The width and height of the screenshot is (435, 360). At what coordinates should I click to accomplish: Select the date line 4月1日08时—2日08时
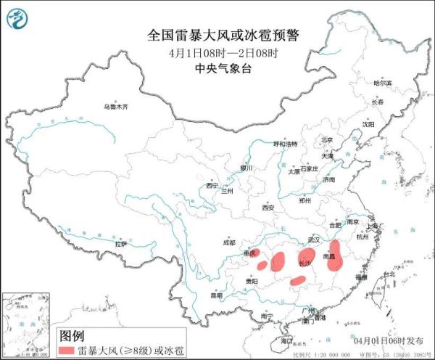(x=217, y=53)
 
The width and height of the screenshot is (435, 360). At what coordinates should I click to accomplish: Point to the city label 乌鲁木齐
(x=116, y=107)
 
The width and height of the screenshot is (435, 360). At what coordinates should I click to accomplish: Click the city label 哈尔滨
(x=382, y=83)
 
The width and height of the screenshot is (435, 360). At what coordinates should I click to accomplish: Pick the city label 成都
(x=230, y=243)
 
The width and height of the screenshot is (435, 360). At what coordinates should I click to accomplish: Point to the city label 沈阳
(x=370, y=125)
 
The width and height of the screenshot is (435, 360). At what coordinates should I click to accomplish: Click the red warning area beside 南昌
(x=334, y=258)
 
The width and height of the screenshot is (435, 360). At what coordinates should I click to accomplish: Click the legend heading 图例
(x=72, y=336)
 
